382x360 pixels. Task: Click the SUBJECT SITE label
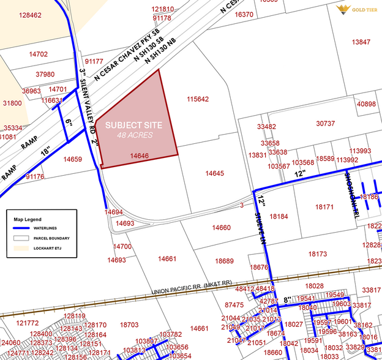pyautogui.click(x=133, y=125)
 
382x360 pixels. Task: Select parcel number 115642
pyautogui.click(x=198, y=99)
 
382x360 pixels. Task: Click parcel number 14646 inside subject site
pyautogui.click(x=140, y=157)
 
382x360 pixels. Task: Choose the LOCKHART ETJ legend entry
pyautogui.click(x=53, y=249)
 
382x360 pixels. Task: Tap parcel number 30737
pyautogui.click(x=325, y=124)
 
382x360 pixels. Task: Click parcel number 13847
pyautogui.click(x=361, y=42)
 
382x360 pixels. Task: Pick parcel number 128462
pyautogui.click(x=30, y=15)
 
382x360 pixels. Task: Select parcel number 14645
pyautogui.click(x=214, y=174)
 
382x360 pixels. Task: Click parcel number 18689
pyautogui.click(x=224, y=261)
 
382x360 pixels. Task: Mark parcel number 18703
pyautogui.click(x=129, y=324)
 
